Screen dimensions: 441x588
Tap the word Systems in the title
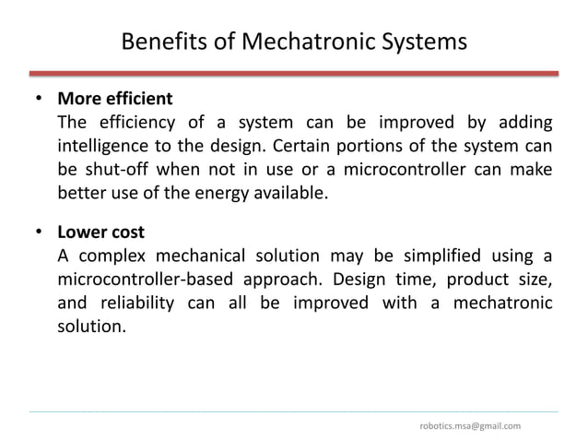coord(422,42)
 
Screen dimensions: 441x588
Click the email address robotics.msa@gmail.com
coord(469,425)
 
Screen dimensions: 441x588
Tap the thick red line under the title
coord(294,73)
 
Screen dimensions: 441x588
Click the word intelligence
coord(104,147)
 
